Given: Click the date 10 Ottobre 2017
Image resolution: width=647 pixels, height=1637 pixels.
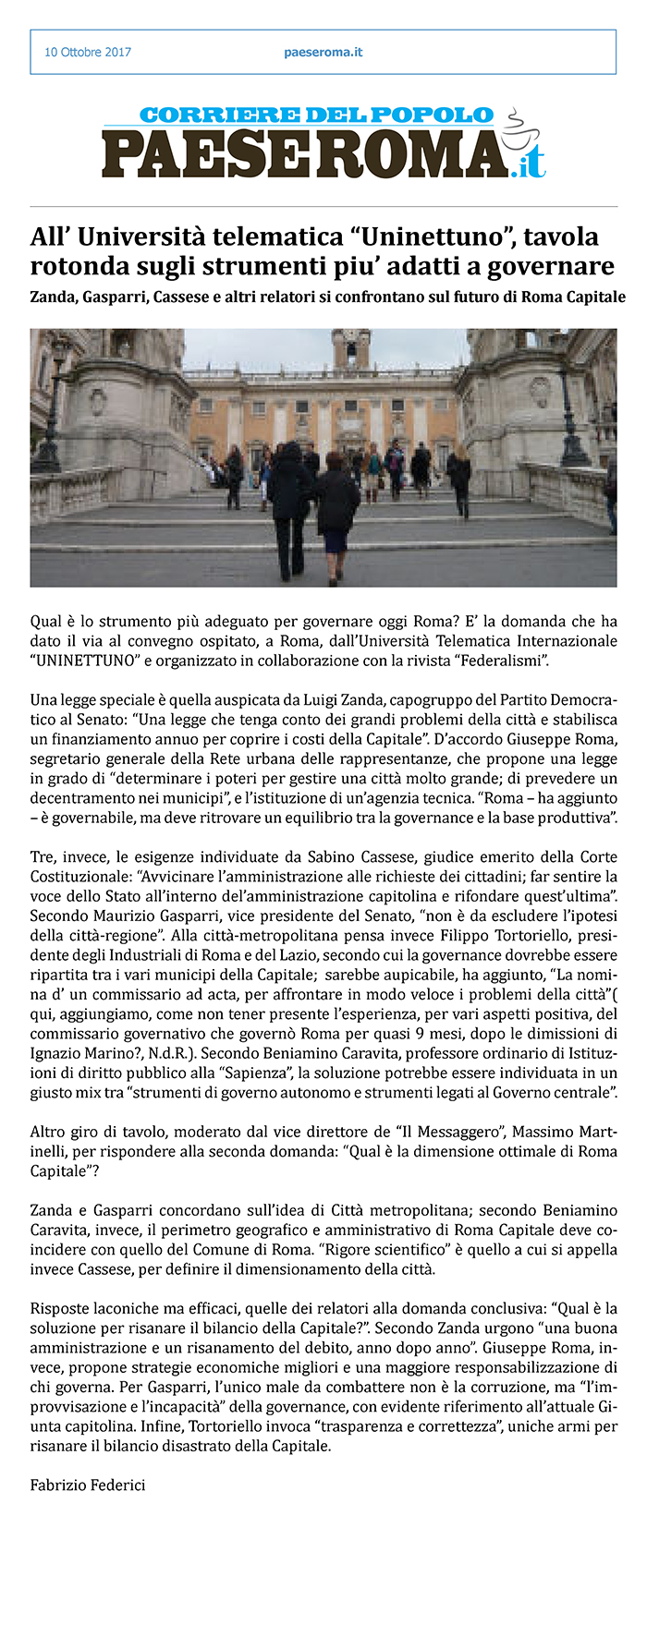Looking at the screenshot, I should click(88, 53).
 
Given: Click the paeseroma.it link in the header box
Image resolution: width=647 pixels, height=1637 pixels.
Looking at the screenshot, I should click(323, 53).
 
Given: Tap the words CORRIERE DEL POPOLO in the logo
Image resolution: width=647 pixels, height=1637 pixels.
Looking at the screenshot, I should click(317, 115).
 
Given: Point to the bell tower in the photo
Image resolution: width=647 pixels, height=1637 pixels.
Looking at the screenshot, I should click(351, 349).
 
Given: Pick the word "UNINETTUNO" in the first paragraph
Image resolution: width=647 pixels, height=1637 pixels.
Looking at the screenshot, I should click(84, 661).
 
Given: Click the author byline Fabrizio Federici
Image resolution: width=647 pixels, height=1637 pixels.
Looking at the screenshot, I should click(88, 1485).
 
